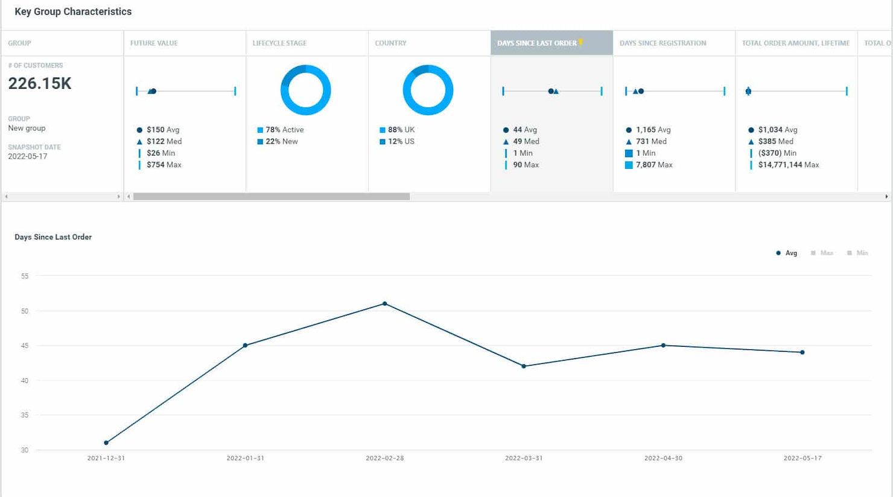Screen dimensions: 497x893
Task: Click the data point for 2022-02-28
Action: click(x=385, y=304)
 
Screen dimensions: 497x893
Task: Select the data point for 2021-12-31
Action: click(x=106, y=443)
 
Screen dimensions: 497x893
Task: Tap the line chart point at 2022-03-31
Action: click(x=524, y=366)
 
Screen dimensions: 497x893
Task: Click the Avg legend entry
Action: click(x=787, y=253)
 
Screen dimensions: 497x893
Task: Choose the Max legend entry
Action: click(x=822, y=253)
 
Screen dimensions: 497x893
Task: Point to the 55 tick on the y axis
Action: click(x=25, y=276)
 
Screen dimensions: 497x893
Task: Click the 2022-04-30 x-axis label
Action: click(x=663, y=458)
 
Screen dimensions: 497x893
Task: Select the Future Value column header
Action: click(x=154, y=43)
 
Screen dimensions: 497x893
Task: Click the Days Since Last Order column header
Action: click(x=537, y=43)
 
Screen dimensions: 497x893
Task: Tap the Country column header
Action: click(x=390, y=43)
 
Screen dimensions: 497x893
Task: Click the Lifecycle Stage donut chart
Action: click(x=305, y=90)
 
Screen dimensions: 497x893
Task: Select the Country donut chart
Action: click(x=428, y=90)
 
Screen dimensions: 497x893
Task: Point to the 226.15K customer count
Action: click(x=40, y=83)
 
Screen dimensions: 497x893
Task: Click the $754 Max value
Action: click(x=164, y=165)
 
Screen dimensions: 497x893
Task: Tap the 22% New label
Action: click(x=281, y=141)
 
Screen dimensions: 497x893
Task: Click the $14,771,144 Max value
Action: click(x=788, y=165)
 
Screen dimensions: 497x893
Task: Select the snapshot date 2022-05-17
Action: click(x=28, y=156)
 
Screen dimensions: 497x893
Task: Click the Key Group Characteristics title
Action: click(x=73, y=11)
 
